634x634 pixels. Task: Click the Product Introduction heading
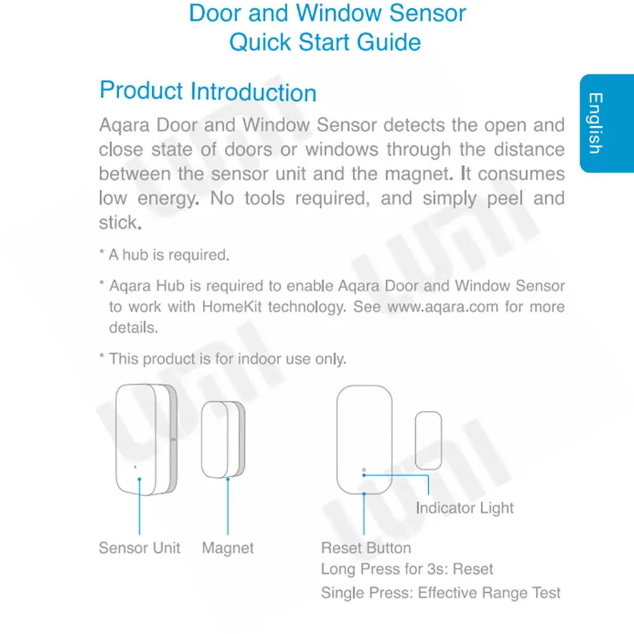pyautogui.click(x=208, y=92)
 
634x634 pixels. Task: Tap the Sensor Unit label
pyautogui.click(x=139, y=548)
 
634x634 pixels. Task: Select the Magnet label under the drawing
pyautogui.click(x=228, y=548)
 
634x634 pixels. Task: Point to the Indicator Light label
pyautogui.click(x=465, y=508)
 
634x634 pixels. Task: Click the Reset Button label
pyautogui.click(x=366, y=548)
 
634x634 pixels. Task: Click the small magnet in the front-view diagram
pyautogui.click(x=428, y=440)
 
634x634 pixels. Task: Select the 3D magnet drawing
pyautogui.click(x=222, y=440)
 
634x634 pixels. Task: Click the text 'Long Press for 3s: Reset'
pyautogui.click(x=407, y=569)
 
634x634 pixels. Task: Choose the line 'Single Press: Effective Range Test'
pyautogui.click(x=441, y=593)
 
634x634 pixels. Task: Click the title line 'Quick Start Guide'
pyautogui.click(x=325, y=42)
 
